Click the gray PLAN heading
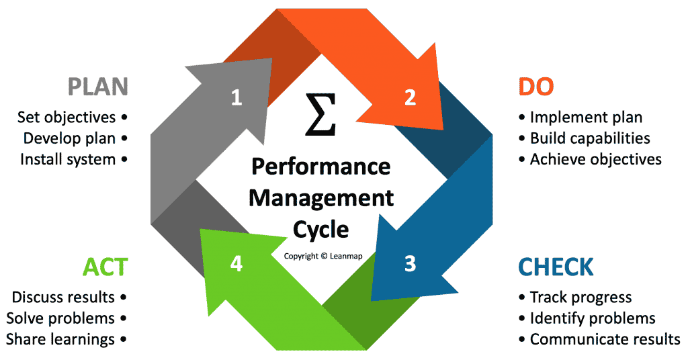(97, 87)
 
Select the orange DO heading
(535, 87)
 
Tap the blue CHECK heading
(556, 267)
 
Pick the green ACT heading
(105, 267)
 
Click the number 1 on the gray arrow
(236, 98)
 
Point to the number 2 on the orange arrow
(410, 98)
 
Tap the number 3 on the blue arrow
(410, 264)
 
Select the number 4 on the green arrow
(236, 264)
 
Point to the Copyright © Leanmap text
(323, 256)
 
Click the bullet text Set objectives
(67, 118)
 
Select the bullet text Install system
(68, 159)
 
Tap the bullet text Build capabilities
(590, 138)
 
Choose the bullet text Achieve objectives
(595, 159)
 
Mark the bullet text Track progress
(580, 297)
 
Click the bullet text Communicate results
(605, 339)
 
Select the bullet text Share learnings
(60, 339)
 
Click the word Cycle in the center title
(320, 230)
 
